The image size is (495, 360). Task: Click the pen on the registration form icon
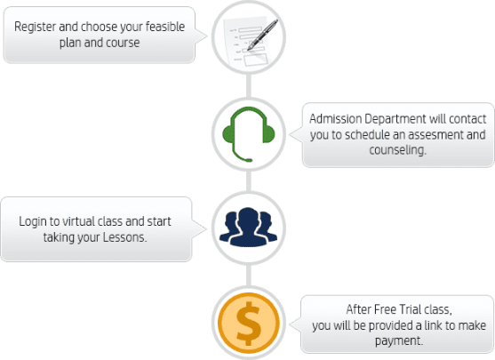(x=263, y=35)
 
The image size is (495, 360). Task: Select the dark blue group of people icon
(x=249, y=227)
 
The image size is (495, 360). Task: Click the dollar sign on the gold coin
(x=249, y=323)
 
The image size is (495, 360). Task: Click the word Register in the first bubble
(x=35, y=28)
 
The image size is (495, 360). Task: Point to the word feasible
(x=165, y=27)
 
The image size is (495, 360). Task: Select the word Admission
(x=335, y=119)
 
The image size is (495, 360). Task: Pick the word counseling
(x=398, y=150)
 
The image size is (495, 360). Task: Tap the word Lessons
(x=125, y=237)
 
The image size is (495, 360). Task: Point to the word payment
(x=399, y=341)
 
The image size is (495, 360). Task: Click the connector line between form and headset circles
(x=249, y=86)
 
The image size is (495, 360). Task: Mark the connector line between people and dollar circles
(x=249, y=276)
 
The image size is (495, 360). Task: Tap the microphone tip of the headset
(x=249, y=160)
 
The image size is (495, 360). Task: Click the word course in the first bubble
(x=123, y=43)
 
